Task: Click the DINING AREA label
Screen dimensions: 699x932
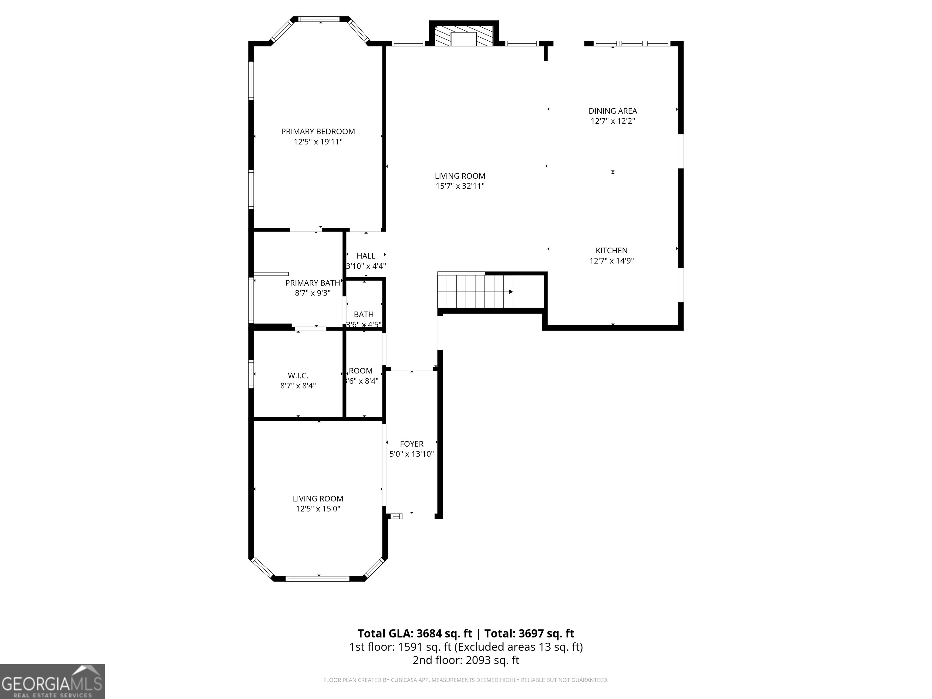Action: tap(612, 111)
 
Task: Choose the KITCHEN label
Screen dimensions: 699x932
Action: tap(611, 250)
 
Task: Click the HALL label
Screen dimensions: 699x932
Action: tap(366, 256)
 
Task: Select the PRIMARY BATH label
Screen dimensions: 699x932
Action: tap(312, 283)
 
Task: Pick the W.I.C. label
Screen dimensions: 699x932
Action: tap(298, 375)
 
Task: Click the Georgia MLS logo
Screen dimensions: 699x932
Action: tap(52, 681)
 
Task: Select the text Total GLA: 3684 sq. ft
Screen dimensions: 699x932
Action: tap(415, 633)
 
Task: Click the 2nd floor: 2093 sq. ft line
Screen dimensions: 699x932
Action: tap(466, 660)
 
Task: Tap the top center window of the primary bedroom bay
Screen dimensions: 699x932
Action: tap(319, 19)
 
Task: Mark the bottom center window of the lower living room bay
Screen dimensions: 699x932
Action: tap(317, 579)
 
